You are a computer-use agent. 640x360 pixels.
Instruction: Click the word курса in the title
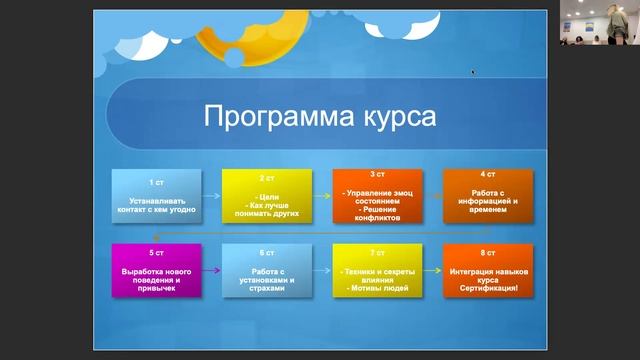[396, 116]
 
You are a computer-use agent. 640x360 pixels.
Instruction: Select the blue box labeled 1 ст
[156, 197]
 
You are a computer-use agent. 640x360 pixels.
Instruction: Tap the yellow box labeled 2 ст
[267, 197]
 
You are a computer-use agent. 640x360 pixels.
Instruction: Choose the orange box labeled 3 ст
[377, 197]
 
